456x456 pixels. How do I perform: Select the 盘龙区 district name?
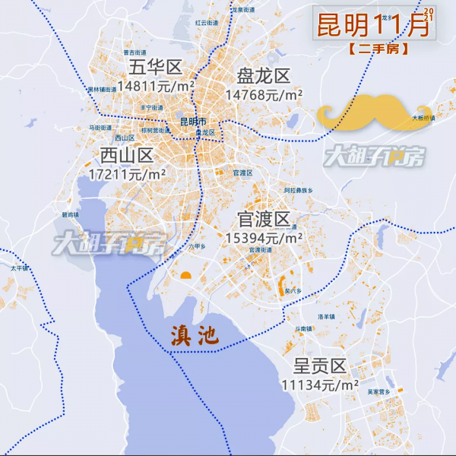pyautogui.click(x=264, y=76)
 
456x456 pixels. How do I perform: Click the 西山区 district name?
pyautogui.click(x=127, y=156)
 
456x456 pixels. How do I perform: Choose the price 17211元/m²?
pyautogui.click(x=127, y=174)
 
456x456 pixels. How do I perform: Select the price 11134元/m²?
pyautogui.click(x=319, y=385)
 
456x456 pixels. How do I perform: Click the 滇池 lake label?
pyautogui.click(x=192, y=335)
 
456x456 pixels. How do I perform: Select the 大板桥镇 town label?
pyautogui.click(x=423, y=119)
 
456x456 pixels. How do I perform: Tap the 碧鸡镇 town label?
pyautogui.click(x=70, y=215)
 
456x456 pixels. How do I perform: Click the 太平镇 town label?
pyautogui.click(x=19, y=268)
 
